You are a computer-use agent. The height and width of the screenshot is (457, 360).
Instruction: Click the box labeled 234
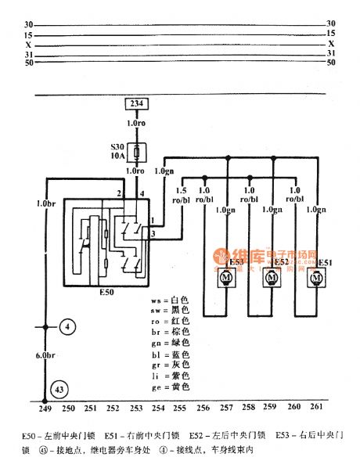pos(138,105)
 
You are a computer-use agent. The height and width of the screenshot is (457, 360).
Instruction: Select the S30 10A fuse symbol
pos(139,153)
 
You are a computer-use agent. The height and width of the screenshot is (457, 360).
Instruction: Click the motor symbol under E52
pos(272,277)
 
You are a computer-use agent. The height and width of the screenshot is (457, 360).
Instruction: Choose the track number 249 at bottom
pos(45,408)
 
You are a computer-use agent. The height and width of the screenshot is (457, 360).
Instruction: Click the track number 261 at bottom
pos(316,408)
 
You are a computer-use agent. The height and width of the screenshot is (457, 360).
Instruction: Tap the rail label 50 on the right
pos(330,63)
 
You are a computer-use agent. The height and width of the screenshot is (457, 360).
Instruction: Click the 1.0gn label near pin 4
pos(164,170)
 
